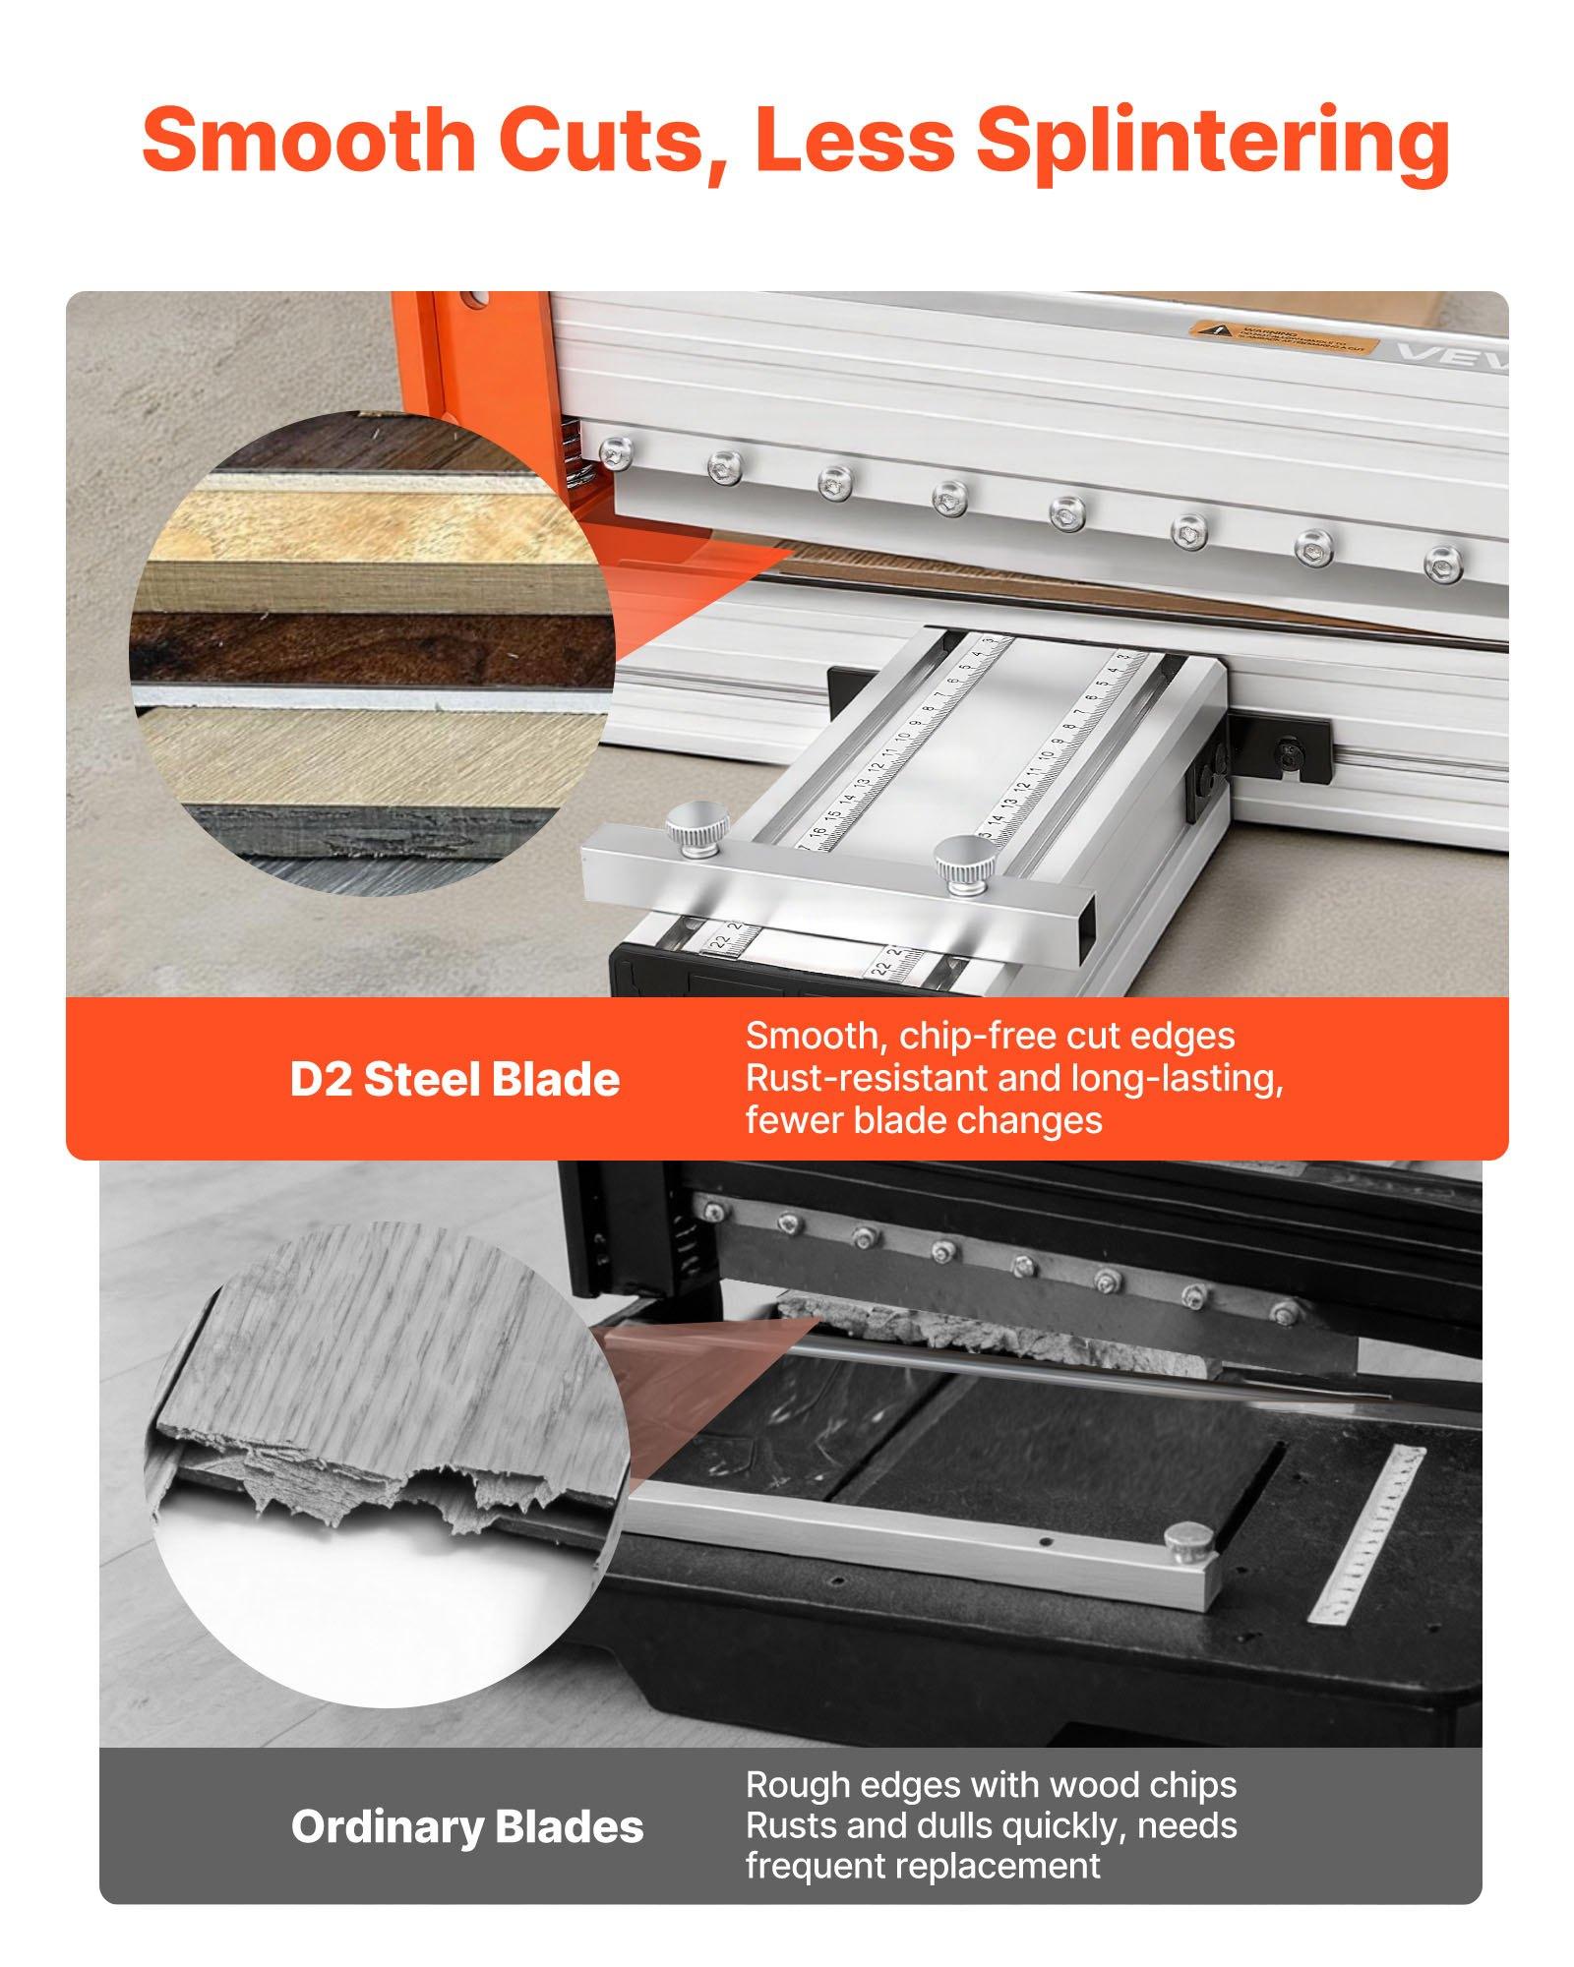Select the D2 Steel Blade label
pos(454,1080)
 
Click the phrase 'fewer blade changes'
pos(924,1120)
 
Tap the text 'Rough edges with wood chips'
pos(991,1784)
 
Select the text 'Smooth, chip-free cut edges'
pos(990,1036)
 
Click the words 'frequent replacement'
pos(923,1865)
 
